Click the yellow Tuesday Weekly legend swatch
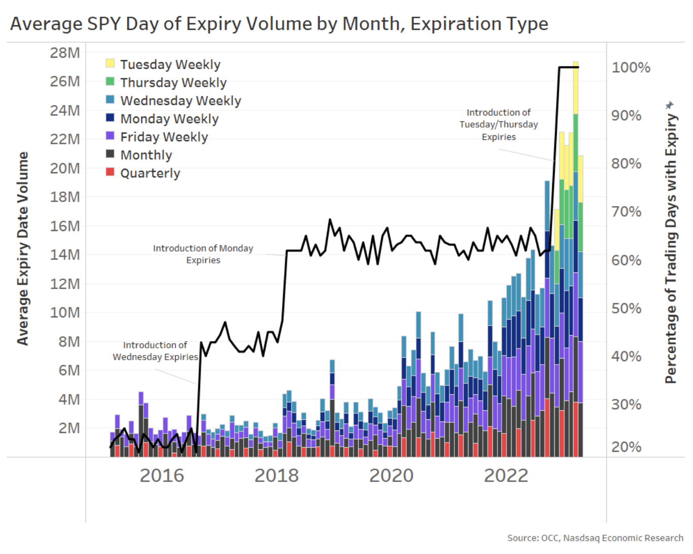click(110, 63)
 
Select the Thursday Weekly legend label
click(173, 83)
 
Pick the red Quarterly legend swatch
click(110, 172)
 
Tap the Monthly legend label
click(146, 155)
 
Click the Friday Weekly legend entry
click(164, 137)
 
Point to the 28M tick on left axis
click(65, 53)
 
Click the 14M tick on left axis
click(65, 254)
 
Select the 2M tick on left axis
click(69, 428)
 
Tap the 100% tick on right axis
click(631, 67)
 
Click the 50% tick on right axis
click(626, 308)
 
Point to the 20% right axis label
click(626, 447)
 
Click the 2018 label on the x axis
click(277, 476)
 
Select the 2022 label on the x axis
click(506, 476)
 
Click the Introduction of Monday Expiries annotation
click(203, 254)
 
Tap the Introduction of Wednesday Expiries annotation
click(155, 351)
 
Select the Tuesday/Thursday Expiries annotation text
click(498, 125)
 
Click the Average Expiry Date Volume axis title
click(22, 248)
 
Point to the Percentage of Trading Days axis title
click(671, 248)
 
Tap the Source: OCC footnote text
click(595, 538)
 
